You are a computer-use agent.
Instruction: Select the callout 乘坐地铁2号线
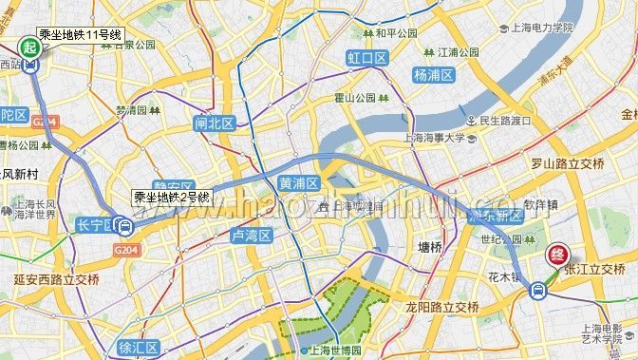point(172,197)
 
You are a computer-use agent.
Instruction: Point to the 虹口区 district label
point(367,59)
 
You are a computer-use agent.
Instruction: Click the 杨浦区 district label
point(434,74)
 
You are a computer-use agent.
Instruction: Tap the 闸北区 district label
point(214,123)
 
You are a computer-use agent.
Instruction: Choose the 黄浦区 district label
point(298,181)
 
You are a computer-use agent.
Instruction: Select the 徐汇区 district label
point(139,348)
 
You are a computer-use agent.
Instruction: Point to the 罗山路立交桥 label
point(568,164)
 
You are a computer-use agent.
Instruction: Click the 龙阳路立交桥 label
point(441,307)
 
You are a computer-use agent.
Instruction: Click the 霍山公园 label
point(357,97)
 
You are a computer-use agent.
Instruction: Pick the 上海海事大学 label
point(435,138)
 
